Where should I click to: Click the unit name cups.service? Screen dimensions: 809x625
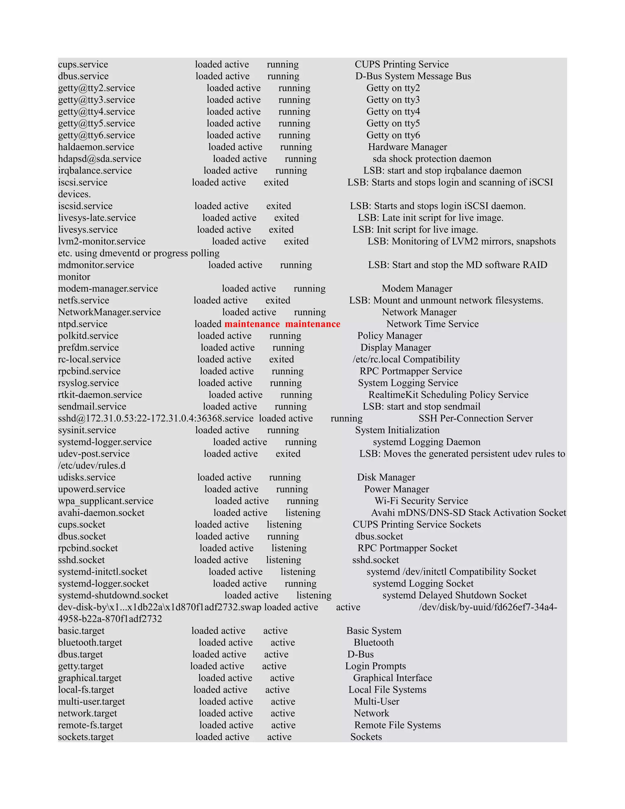(83, 64)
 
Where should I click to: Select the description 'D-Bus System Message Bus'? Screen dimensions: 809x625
(413, 76)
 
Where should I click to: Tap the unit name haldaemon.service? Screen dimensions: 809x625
(96, 147)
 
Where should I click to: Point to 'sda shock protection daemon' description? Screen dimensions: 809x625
(432, 159)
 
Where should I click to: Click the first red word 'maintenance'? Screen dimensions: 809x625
(252, 324)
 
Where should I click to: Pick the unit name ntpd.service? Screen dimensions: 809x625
(83, 324)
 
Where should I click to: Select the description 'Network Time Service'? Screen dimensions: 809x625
(432, 324)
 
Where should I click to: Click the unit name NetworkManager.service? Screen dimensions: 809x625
(109, 312)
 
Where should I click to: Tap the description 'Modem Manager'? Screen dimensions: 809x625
(417, 288)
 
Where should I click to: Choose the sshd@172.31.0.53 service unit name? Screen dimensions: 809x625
(156, 419)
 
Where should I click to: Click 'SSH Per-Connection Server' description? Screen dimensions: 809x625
(475, 419)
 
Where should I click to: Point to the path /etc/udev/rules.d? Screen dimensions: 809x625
(92, 466)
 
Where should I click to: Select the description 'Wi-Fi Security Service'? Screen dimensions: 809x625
(421, 501)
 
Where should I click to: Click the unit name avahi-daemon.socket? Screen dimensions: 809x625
(101, 513)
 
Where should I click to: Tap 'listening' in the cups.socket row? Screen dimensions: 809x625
(284, 525)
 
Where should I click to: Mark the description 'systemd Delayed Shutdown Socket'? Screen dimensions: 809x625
(454, 596)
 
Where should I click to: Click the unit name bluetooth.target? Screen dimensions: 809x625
(90, 643)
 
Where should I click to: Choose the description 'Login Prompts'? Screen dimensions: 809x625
(375, 666)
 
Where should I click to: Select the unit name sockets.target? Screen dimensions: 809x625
(85, 737)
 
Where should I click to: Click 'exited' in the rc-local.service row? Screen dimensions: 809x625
(281, 359)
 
